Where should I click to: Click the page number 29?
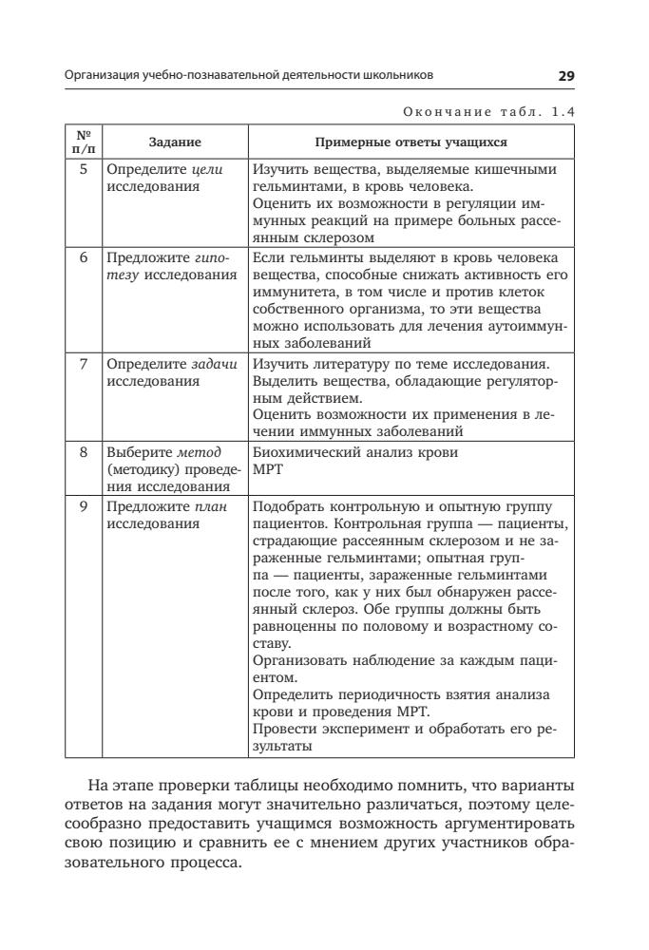(566, 74)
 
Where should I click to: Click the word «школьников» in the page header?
(400, 75)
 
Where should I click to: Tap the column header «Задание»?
(175, 142)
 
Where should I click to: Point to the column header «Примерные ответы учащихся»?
(410, 142)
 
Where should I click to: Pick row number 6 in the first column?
(84, 258)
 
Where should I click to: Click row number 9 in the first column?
(84, 507)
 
